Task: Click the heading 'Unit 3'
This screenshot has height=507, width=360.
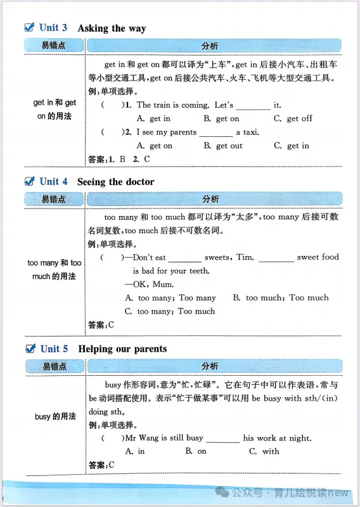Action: click(x=53, y=27)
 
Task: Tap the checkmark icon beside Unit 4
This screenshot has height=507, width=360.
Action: click(x=29, y=181)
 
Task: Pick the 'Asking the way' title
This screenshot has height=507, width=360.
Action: click(x=112, y=28)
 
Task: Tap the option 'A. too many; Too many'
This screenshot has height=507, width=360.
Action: click(x=170, y=297)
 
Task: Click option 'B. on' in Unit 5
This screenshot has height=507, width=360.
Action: click(x=196, y=451)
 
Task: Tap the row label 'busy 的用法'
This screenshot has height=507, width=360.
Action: click(x=55, y=416)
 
